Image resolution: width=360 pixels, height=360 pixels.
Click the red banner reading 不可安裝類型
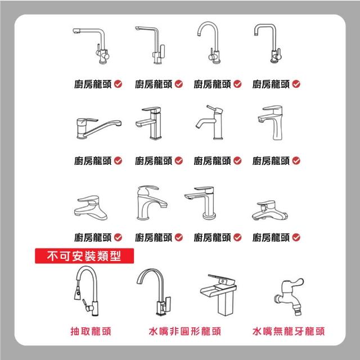click(84, 256)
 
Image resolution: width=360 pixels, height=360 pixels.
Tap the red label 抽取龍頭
click(91, 331)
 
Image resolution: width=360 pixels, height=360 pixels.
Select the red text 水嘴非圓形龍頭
click(185, 331)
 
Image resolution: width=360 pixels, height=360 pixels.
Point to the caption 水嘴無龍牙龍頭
click(289, 331)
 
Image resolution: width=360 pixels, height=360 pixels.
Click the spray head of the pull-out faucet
click(78, 294)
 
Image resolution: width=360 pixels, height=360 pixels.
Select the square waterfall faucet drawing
click(218, 295)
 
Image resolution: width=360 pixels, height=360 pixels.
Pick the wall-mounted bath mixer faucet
click(270, 210)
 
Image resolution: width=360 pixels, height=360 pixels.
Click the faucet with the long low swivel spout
click(99, 128)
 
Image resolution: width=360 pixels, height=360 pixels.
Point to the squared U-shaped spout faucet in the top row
click(268, 43)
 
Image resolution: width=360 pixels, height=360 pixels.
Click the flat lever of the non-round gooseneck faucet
click(168, 303)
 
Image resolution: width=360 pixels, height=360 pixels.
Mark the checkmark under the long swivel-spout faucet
click(118, 161)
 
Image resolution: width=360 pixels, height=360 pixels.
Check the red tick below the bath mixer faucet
click(296, 237)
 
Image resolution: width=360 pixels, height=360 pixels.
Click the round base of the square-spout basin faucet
click(209, 216)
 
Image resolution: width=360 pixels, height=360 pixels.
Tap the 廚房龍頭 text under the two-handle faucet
click(93, 84)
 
